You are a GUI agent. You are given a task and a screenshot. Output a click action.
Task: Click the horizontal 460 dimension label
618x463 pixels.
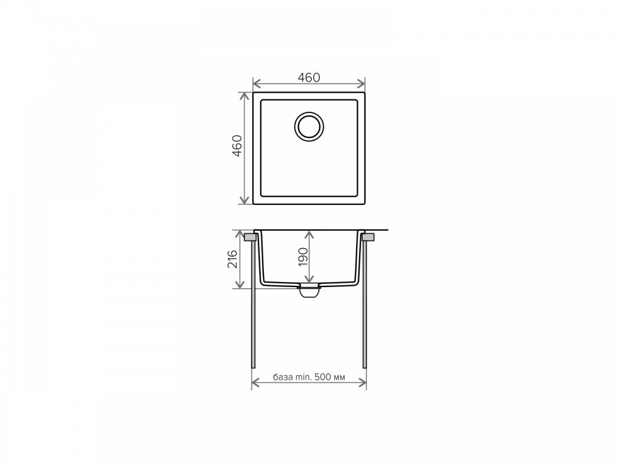308,78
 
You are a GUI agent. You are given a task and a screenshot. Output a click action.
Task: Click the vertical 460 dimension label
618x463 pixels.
237,146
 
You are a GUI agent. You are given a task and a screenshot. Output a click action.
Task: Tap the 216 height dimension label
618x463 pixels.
232,259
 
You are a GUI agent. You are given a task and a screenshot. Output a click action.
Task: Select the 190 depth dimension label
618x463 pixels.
303,257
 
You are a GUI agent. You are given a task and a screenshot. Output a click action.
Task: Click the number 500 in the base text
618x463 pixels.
323,377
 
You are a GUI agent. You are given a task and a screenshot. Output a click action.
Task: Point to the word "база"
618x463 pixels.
283,377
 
